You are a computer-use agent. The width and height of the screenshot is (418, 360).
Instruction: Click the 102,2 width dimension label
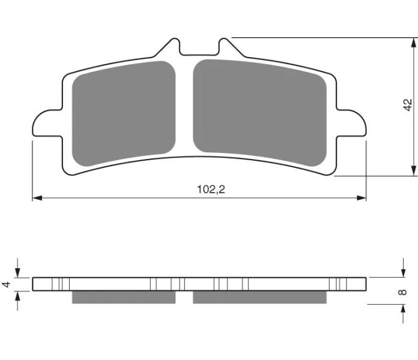pos(211,190)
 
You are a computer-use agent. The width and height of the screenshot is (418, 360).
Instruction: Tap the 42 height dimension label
pos(408,105)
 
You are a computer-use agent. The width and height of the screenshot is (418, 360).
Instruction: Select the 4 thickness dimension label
pos(6,284)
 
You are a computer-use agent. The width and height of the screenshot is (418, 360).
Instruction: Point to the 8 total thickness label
pos(402,292)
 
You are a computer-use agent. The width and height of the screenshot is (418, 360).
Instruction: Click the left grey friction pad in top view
pos(124,113)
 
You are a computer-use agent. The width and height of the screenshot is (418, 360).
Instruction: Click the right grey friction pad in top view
pos(259,112)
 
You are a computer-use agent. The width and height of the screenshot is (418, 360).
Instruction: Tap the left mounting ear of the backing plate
pos(47,123)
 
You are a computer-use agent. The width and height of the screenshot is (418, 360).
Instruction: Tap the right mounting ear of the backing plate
pos(351,123)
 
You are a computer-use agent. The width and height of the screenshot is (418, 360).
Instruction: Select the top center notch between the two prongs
pos(199,48)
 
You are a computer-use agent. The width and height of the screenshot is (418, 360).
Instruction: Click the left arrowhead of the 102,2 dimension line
pos(37,198)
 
